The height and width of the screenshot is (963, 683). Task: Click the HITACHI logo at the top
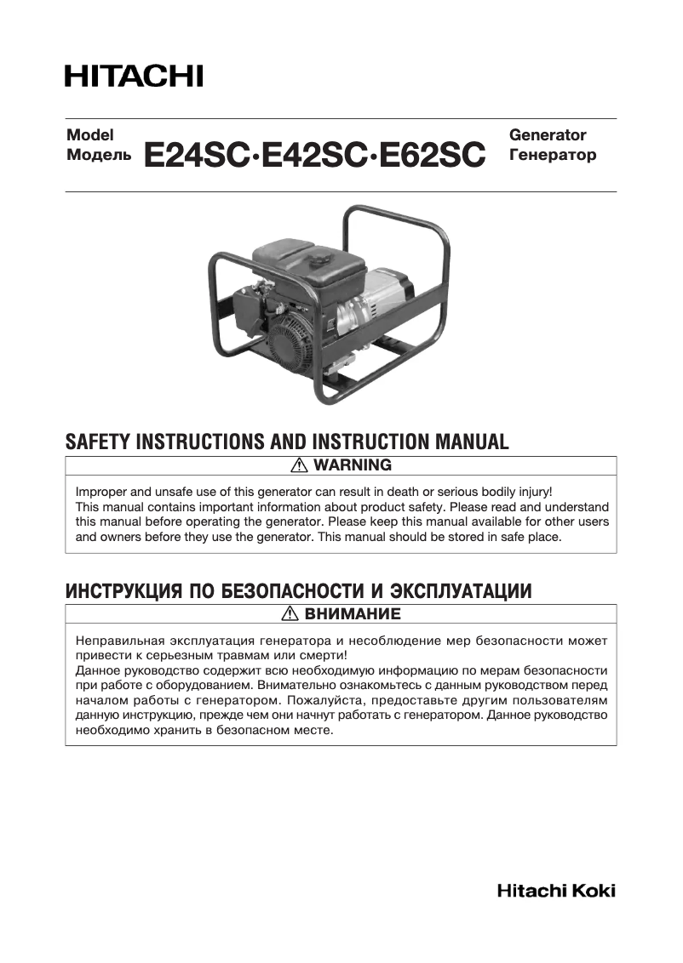[x=134, y=76]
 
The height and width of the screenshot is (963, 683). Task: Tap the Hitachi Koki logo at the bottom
[x=556, y=892]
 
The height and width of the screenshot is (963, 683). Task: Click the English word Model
[x=90, y=135]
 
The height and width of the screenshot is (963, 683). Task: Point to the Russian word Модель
[x=100, y=156]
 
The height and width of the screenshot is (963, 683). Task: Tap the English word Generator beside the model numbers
[x=548, y=135]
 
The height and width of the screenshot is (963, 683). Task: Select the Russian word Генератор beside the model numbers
[x=552, y=156]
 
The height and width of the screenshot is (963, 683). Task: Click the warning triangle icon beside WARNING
[x=299, y=465]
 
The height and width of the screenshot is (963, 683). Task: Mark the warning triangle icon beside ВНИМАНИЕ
[x=290, y=613]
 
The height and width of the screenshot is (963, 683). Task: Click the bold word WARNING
[x=353, y=465]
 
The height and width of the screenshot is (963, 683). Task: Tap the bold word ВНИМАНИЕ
[x=353, y=613]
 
